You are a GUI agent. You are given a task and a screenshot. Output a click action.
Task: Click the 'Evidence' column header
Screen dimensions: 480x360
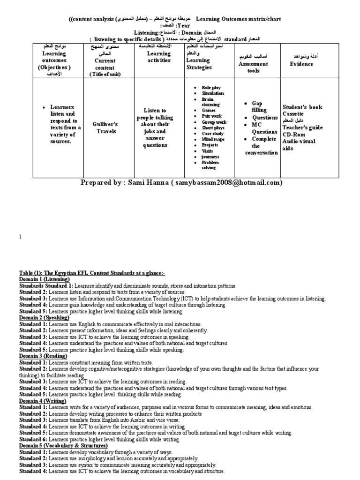point(301,64)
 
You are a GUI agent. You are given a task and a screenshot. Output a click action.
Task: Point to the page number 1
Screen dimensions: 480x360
point(20,238)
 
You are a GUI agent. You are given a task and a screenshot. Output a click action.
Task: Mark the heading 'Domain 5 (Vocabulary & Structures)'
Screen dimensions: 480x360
point(56,445)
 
